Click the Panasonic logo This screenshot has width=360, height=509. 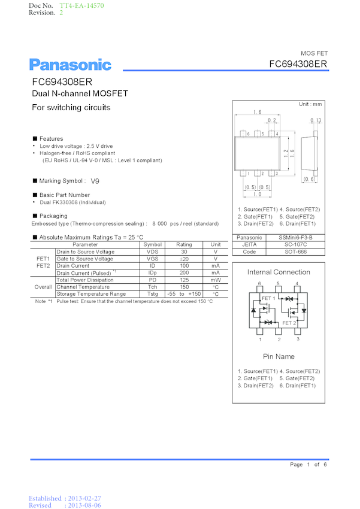(x=71, y=65)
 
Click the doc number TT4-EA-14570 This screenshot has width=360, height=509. (x=81, y=5)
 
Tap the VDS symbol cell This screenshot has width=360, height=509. (x=153, y=252)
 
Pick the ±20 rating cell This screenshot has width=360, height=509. (x=184, y=259)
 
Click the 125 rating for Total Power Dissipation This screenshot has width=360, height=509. (x=184, y=280)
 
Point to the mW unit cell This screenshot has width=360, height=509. (x=216, y=280)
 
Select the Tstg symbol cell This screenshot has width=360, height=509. (x=153, y=294)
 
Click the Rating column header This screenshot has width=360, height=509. (x=184, y=245)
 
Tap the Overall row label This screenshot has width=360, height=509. (x=43, y=287)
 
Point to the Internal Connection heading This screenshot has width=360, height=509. (x=279, y=272)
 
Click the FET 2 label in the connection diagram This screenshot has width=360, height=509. (x=289, y=323)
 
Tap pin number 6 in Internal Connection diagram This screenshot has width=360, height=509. (x=259, y=283)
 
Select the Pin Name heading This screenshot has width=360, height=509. (x=279, y=357)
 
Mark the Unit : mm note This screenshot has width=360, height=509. (x=310, y=104)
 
